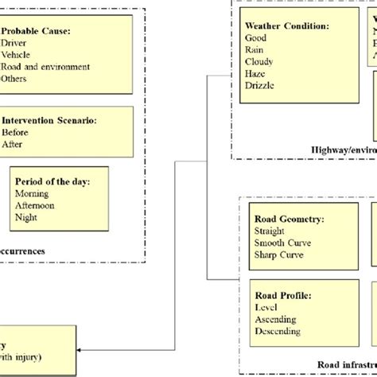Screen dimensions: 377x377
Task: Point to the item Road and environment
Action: [x=45, y=67]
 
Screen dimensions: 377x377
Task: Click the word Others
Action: [x=14, y=79]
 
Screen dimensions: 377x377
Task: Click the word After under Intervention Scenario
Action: [x=12, y=145]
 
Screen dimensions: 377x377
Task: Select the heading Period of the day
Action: [x=52, y=181]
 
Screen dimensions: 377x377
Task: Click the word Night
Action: [x=26, y=217]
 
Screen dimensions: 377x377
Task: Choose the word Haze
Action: [x=256, y=73]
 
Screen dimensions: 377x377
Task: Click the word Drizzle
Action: [x=260, y=85]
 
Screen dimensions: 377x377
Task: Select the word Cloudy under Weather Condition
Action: [x=260, y=61]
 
